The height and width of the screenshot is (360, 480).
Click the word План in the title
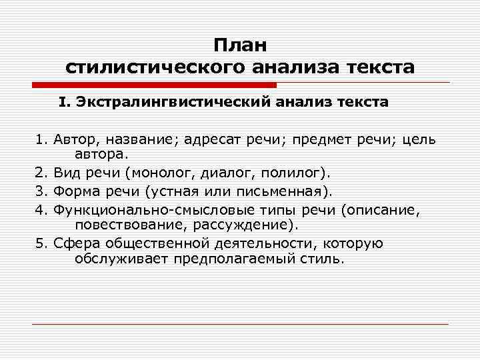[240, 45]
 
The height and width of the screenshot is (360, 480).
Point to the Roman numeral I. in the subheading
[63, 103]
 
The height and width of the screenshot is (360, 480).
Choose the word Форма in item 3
[75, 192]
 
